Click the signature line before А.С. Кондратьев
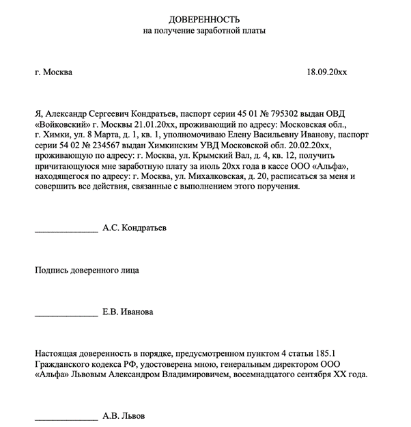click(x=66, y=230)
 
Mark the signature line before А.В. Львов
click(x=66, y=417)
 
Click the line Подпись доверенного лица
click(x=87, y=270)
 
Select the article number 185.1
click(x=324, y=353)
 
